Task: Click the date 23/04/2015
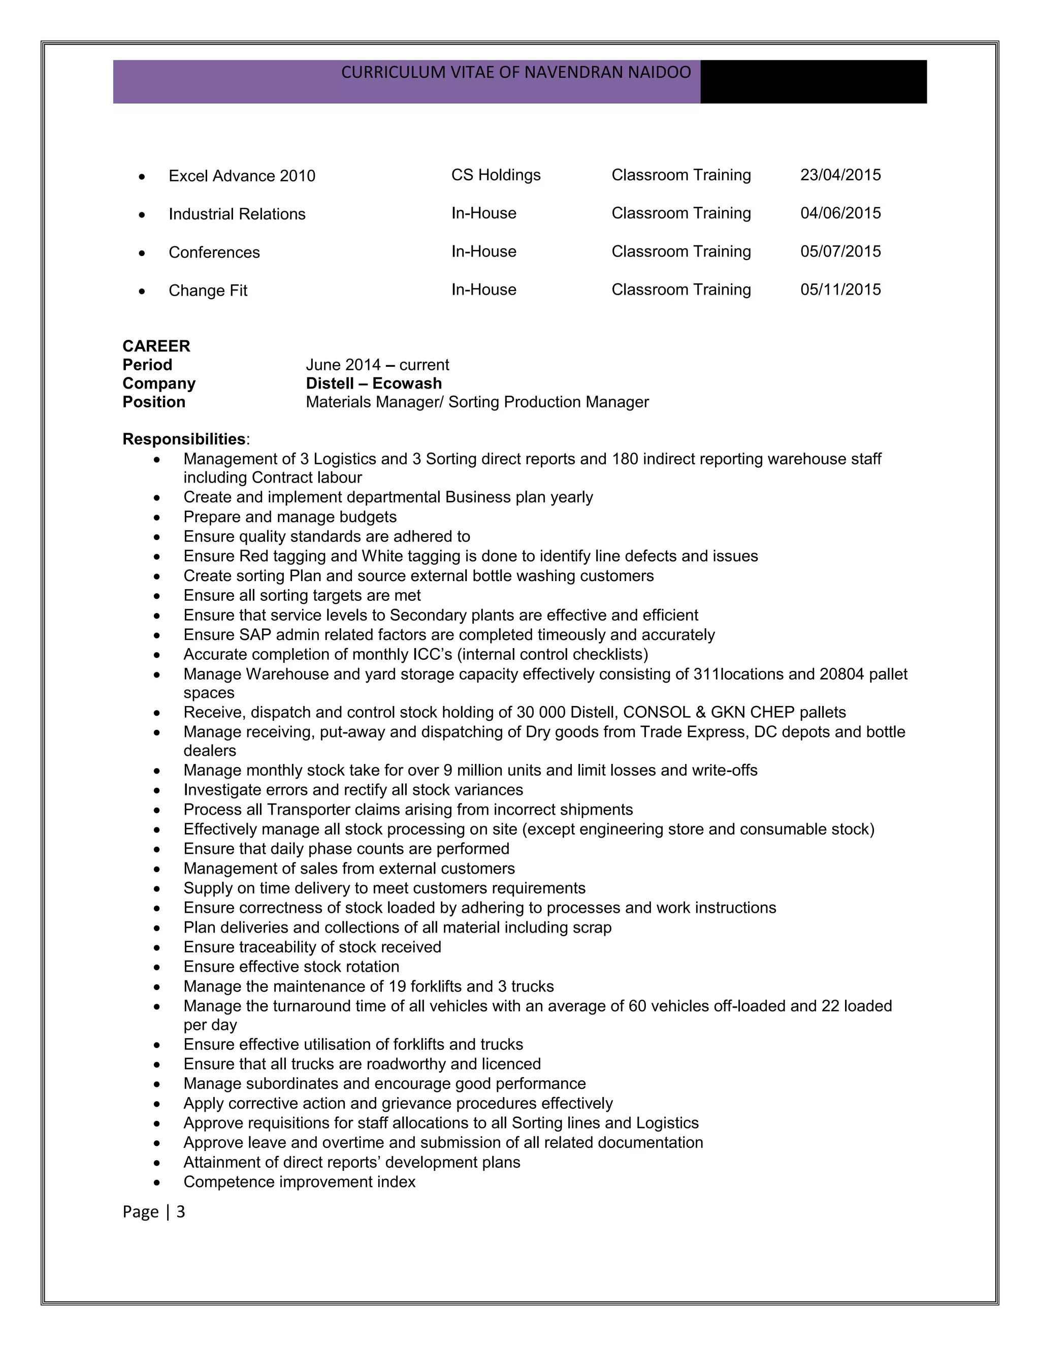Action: pos(840,175)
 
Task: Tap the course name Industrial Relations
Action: pos(237,214)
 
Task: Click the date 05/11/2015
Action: pos(840,290)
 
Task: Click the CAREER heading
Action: pos(156,346)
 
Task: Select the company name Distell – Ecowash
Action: pos(373,383)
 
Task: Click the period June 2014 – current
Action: pos(377,365)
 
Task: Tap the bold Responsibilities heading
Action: pos(184,439)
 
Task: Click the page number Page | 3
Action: pos(153,1211)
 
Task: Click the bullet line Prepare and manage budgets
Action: pos(289,517)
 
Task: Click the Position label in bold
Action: pos(153,402)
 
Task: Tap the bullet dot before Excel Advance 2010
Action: pos(142,177)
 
